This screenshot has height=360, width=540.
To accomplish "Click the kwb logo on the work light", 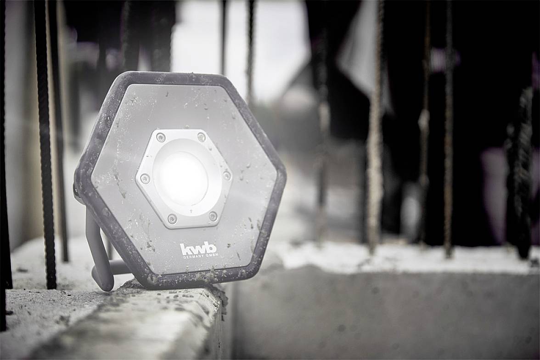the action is (x=198, y=248).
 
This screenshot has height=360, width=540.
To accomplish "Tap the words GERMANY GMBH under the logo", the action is (x=200, y=256).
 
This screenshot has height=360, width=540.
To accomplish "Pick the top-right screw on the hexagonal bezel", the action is (x=201, y=138).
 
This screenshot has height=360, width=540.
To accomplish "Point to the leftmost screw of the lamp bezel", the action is (x=145, y=178).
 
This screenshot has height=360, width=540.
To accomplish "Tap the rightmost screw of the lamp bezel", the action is (x=227, y=175).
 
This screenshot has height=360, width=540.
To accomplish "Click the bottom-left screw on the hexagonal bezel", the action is (x=172, y=218).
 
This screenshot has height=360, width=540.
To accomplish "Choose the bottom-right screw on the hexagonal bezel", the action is (x=213, y=216).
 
